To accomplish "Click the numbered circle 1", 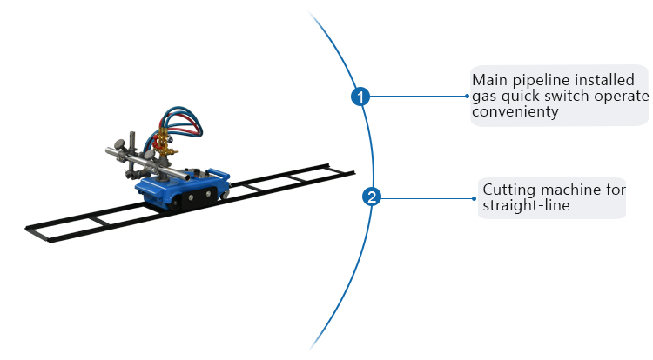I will (x=360, y=96).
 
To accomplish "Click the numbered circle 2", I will (x=372, y=197).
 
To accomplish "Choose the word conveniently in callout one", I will (x=515, y=111).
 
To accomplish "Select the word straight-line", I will (x=526, y=205).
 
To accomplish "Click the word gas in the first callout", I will (x=484, y=97).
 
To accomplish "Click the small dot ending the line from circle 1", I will (x=467, y=96).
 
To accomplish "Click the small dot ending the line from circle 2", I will (x=477, y=197).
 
